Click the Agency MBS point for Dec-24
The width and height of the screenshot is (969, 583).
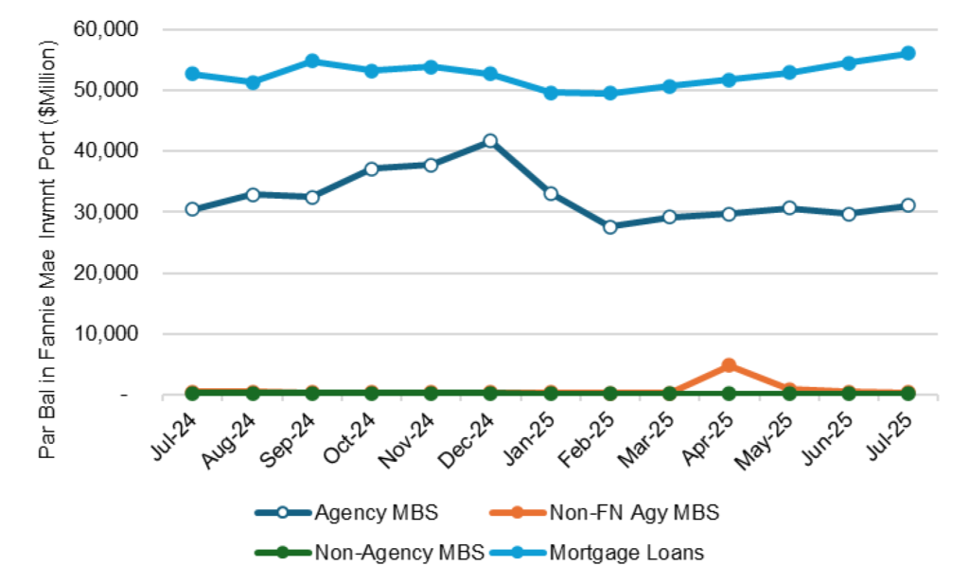(x=490, y=141)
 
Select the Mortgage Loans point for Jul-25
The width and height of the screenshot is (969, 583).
(x=907, y=53)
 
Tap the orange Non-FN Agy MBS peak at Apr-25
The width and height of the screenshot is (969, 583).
(x=729, y=365)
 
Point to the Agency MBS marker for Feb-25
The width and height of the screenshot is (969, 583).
(x=609, y=227)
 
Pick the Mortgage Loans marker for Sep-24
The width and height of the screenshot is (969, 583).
(x=311, y=62)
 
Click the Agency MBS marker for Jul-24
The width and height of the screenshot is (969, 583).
(x=192, y=209)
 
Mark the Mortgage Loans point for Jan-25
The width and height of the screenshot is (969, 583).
(x=550, y=93)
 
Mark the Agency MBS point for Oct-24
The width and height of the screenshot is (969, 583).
(x=371, y=169)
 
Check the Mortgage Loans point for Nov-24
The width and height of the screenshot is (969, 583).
(x=431, y=67)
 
